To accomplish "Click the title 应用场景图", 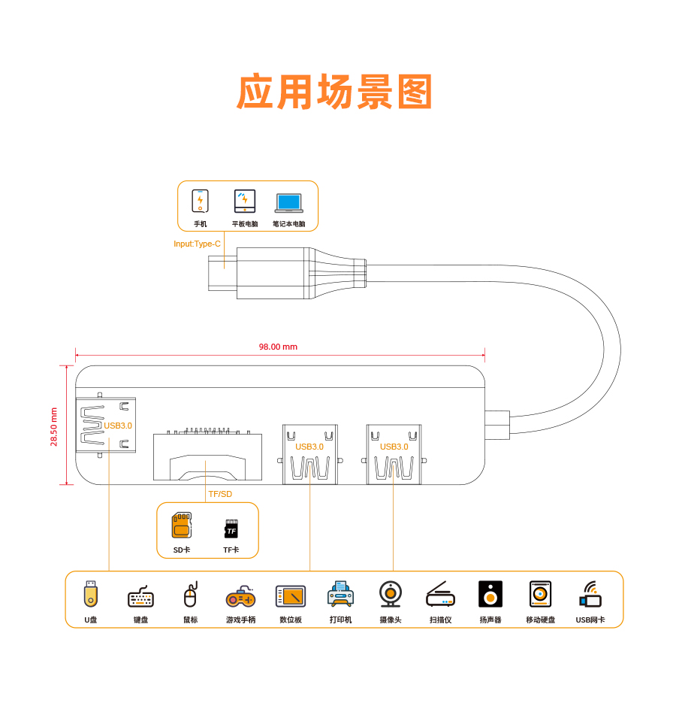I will [x=336, y=92].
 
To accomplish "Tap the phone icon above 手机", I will [x=200, y=201].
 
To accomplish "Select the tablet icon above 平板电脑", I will [x=245, y=201].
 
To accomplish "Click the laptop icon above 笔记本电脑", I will [x=288, y=202].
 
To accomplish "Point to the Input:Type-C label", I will [x=197, y=244].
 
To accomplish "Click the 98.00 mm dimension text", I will [x=278, y=347].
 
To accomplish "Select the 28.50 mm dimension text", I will [x=54, y=426].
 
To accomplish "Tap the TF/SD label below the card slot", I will [x=220, y=494].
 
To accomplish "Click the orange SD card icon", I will [x=182, y=526].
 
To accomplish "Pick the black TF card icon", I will [x=231, y=529].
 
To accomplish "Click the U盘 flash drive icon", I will [x=91, y=594].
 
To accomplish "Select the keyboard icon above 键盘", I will [x=140, y=597].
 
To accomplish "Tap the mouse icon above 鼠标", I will [x=190, y=595].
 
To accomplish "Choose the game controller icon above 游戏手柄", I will [x=240, y=597].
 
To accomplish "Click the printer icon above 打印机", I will [x=340, y=595].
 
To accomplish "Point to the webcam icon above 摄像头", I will [x=390, y=594].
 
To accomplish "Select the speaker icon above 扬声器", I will [x=490, y=594].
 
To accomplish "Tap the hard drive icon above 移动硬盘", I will [x=540, y=594].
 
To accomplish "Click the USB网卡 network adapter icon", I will [x=590, y=595].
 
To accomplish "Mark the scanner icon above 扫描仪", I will [x=440, y=595].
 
